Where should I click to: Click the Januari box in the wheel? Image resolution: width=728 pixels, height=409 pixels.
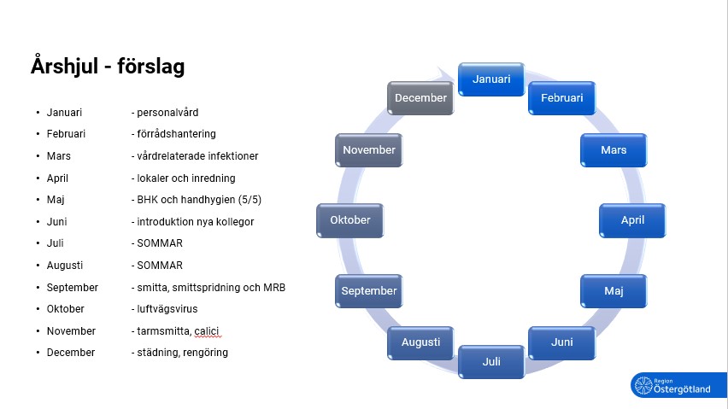click(491, 79)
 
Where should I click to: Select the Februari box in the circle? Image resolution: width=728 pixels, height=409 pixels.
click(561, 98)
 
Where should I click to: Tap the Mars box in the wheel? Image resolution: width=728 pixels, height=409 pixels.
click(614, 150)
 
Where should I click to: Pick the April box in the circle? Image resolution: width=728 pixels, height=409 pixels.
click(632, 220)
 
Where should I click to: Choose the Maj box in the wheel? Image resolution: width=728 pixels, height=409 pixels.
click(614, 291)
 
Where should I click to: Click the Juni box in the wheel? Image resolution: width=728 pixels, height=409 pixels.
click(561, 342)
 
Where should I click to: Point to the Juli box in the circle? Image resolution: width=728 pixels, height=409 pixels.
click(491, 361)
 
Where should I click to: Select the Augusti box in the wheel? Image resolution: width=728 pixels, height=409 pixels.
click(420, 342)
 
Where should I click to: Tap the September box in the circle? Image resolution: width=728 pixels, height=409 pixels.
click(369, 291)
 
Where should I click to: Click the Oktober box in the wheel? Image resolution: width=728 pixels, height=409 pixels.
click(350, 220)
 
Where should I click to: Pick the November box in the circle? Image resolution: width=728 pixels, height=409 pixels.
click(369, 150)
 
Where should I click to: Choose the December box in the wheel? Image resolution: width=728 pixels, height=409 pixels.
click(420, 98)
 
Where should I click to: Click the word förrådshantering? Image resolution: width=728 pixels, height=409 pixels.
click(178, 134)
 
